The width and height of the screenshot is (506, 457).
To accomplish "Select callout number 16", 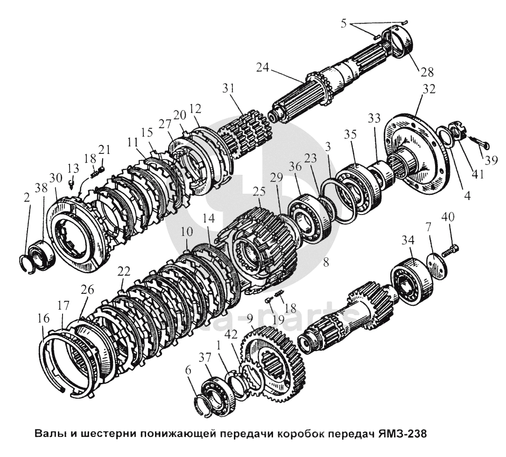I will click(x=42, y=319).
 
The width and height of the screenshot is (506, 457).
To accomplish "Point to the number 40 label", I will click(x=447, y=217).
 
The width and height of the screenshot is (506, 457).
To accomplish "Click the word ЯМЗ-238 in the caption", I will click(x=400, y=434).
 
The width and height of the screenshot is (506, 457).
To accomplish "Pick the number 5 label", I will click(x=344, y=22).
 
